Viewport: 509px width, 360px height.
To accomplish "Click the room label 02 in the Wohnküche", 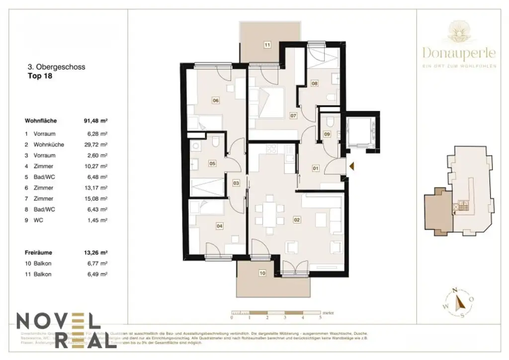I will tap(297, 219).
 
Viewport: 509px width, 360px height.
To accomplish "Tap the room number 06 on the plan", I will tap(216, 100).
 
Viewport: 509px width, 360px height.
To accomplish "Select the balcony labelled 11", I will tap(267, 45).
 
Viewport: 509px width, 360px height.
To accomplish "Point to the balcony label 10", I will tap(262, 273).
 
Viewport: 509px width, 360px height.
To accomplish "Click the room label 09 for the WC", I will tap(327, 134).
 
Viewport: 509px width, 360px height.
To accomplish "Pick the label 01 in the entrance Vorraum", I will tap(315, 168).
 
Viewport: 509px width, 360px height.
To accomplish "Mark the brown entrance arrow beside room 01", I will tap(351, 167).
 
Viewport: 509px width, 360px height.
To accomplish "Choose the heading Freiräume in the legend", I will tap(38, 252).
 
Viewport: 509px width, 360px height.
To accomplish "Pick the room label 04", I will tap(219, 226).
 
